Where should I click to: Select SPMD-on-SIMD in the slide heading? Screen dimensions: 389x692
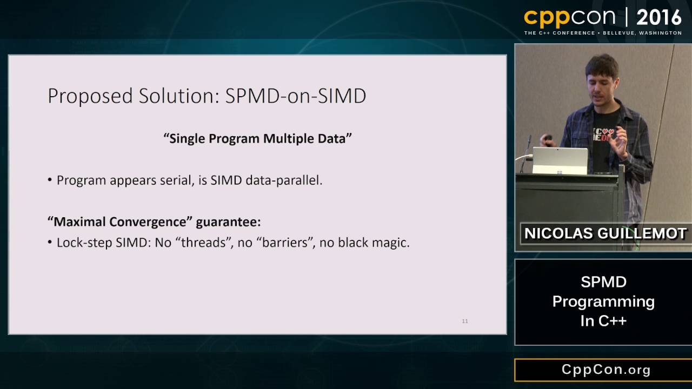coord(296,96)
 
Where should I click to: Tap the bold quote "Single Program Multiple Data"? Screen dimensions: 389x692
coord(257,138)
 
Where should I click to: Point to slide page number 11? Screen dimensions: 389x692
coord(465,321)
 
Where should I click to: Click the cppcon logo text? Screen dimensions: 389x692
coord(569,17)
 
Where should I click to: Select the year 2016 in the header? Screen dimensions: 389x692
coord(659,18)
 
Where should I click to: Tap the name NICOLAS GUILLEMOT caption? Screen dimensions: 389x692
coord(605,233)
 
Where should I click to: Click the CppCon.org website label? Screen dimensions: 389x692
coord(605,370)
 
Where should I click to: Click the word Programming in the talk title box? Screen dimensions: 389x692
coord(603,301)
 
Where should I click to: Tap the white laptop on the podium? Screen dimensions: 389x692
coord(560,161)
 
